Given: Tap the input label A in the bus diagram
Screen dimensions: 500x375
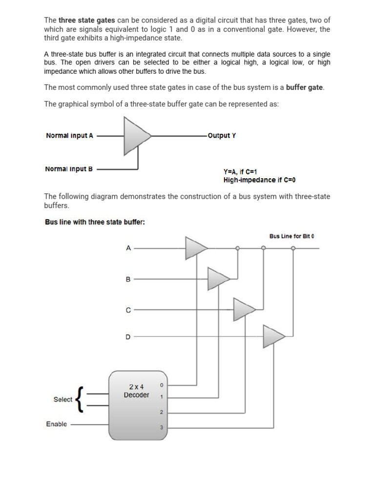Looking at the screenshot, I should (128, 248).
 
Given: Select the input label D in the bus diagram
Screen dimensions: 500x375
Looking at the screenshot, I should (128, 337).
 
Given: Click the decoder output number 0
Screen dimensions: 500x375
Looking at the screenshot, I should (162, 386).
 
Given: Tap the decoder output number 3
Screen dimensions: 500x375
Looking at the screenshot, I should (162, 428).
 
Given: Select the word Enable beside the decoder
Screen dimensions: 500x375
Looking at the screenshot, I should (57, 424).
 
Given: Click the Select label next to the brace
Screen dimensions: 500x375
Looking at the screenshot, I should (63, 399).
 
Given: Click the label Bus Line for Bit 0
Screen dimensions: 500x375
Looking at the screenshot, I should (292, 236).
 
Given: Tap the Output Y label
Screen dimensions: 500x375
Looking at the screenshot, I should (222, 135).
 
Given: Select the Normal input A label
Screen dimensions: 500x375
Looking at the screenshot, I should (69, 136).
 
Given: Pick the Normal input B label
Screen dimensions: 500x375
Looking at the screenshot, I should (69, 169).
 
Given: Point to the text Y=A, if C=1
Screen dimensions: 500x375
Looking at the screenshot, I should (240, 172).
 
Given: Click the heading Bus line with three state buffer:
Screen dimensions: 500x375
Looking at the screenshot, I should (95, 222).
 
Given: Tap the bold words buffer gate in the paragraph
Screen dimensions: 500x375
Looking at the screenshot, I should (305, 87).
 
